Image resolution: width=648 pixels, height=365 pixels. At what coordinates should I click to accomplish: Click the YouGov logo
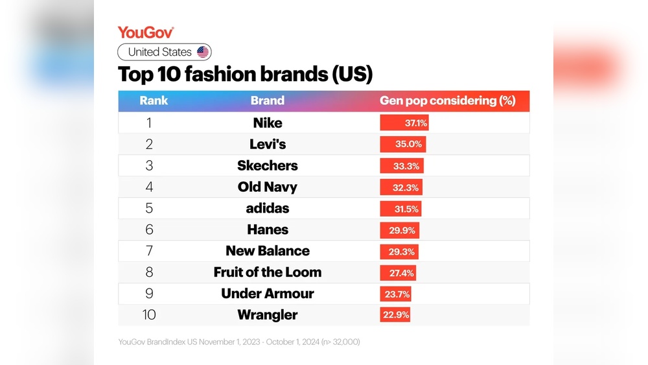click(x=146, y=32)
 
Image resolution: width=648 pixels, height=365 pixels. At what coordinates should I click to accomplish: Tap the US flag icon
click(x=203, y=53)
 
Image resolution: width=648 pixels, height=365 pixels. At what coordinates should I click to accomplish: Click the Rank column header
click(x=154, y=100)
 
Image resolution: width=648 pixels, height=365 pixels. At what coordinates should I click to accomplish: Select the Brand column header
click(x=268, y=100)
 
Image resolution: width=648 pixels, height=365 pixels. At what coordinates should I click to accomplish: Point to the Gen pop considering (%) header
click(x=447, y=100)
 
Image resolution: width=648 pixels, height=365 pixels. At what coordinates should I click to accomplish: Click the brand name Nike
click(x=268, y=123)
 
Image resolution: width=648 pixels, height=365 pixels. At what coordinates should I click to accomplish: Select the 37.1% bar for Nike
click(x=404, y=123)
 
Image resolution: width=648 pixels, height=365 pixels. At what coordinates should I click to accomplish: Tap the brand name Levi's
click(x=268, y=144)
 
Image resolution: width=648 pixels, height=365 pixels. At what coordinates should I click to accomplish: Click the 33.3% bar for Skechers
click(x=402, y=165)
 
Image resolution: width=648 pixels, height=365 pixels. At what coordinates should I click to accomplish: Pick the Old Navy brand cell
click(x=268, y=187)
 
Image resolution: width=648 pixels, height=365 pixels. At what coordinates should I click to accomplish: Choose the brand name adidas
click(x=268, y=208)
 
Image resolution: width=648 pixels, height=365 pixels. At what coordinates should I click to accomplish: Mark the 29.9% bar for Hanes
click(x=400, y=230)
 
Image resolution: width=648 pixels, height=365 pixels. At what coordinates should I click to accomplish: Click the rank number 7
click(x=149, y=251)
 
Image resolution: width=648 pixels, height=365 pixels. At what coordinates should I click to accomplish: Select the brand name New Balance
click(x=268, y=251)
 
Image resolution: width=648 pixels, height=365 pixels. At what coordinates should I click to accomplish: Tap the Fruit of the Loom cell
click(x=268, y=272)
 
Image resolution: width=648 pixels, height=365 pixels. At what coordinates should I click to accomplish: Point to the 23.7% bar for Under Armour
click(x=395, y=294)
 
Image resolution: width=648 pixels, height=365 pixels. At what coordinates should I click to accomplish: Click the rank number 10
click(x=149, y=315)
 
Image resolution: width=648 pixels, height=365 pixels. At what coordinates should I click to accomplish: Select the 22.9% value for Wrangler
click(x=395, y=315)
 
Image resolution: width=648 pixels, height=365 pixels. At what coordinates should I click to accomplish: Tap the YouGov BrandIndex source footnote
click(x=239, y=342)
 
